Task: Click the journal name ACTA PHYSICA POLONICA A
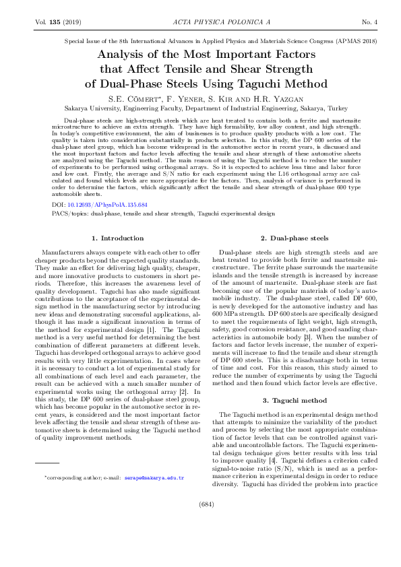201,23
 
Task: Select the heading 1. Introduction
117,238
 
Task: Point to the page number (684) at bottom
200,541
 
